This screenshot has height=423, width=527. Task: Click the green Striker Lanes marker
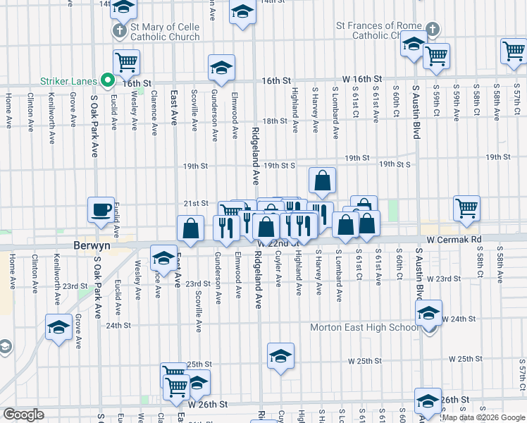tap(108, 81)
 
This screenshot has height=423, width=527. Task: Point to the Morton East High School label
tap(364, 328)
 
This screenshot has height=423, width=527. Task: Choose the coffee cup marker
tap(100, 209)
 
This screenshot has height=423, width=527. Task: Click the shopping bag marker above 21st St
tap(322, 180)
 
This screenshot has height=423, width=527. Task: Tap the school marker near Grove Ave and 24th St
tap(58, 327)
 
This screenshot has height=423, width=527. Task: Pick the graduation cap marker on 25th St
tap(280, 356)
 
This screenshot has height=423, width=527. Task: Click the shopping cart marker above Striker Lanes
tap(126, 62)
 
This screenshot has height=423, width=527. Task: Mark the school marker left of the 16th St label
tap(221, 68)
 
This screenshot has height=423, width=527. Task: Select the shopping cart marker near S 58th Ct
tap(466, 208)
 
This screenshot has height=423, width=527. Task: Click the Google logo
tap(23, 415)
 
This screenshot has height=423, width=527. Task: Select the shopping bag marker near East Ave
tap(190, 228)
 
